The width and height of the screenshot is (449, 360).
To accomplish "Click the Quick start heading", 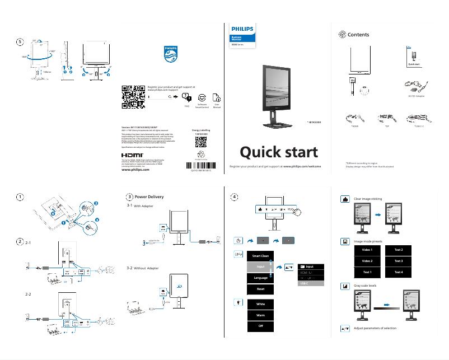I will pyautogui.click(x=279, y=152).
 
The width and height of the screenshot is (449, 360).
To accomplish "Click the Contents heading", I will pyautogui.click(x=358, y=35).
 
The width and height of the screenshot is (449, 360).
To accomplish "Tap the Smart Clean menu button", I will pyautogui.click(x=260, y=256).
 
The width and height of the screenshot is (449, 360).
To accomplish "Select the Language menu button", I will pyautogui.click(x=260, y=278).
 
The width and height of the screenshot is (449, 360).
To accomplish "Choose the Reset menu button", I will pyautogui.click(x=260, y=289).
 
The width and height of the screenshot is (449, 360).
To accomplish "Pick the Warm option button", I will pyautogui.click(x=260, y=315).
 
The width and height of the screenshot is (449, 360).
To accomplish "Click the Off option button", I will pyautogui.click(x=260, y=326).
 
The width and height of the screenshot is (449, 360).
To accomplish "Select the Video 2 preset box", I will pyautogui.click(x=367, y=261).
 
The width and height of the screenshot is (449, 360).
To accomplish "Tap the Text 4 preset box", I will pyautogui.click(x=399, y=272).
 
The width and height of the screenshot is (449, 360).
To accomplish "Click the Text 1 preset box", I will pyautogui.click(x=367, y=272).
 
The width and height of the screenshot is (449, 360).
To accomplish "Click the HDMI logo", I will pyautogui.click(x=133, y=154).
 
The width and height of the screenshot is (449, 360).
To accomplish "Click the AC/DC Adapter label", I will pyautogui.click(x=416, y=96).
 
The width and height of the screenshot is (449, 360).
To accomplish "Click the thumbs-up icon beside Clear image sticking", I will pyautogui.click(x=346, y=199).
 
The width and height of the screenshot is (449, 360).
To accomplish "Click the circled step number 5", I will pyautogui.click(x=20, y=41).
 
